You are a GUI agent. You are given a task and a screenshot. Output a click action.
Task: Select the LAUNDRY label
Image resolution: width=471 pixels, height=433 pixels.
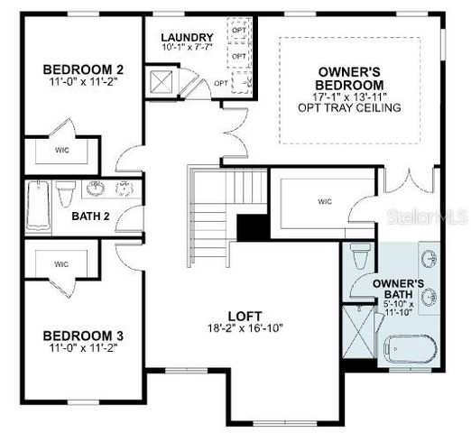tap(188, 37)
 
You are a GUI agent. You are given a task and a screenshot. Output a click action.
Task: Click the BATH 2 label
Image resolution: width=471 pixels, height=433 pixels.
tap(91, 216)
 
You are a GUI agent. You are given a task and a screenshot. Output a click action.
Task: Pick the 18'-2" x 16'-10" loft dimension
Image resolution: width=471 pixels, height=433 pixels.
tap(245, 328)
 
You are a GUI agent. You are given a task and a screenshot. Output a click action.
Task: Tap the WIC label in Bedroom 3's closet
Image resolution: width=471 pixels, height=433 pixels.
tap(61, 264)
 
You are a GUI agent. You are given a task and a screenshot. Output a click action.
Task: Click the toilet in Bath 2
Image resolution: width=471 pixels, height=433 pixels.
tap(65, 195)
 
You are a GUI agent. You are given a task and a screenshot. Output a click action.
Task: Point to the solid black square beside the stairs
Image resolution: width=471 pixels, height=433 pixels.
tap(251, 226)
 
